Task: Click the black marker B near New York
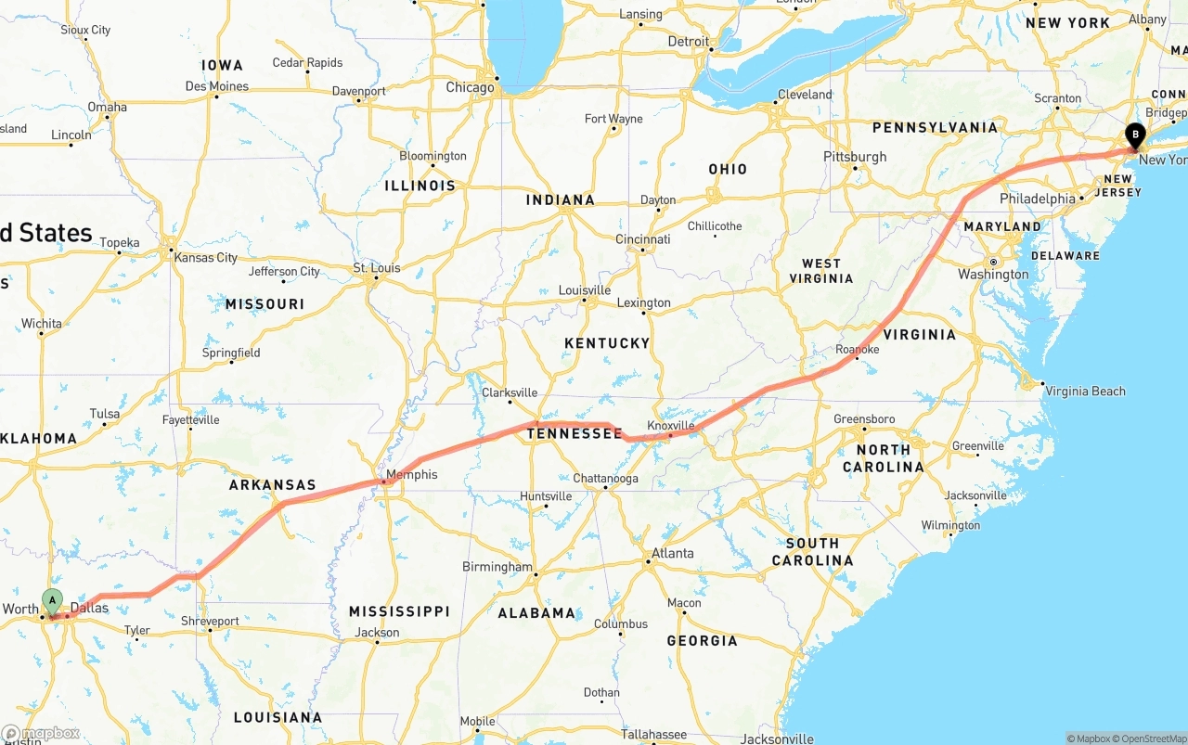[x=1134, y=135]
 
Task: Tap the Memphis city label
[x=411, y=475]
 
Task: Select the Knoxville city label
[x=671, y=425]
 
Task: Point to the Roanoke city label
[x=857, y=350]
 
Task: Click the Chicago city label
[x=470, y=87]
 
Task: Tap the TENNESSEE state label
[x=575, y=433]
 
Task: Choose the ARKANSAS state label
[x=273, y=485]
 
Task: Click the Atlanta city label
[x=672, y=553]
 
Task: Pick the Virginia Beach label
[x=1085, y=391]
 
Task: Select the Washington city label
[x=993, y=275]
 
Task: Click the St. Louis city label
[x=377, y=268]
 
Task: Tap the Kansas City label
[x=206, y=258]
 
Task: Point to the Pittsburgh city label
[x=855, y=157]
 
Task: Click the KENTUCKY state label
[x=607, y=343]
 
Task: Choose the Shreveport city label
[x=210, y=622]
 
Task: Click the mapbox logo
[x=41, y=733]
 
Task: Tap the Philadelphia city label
[x=1038, y=199]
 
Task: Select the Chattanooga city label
[x=605, y=479]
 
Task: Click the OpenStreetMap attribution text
[x=1153, y=739]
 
